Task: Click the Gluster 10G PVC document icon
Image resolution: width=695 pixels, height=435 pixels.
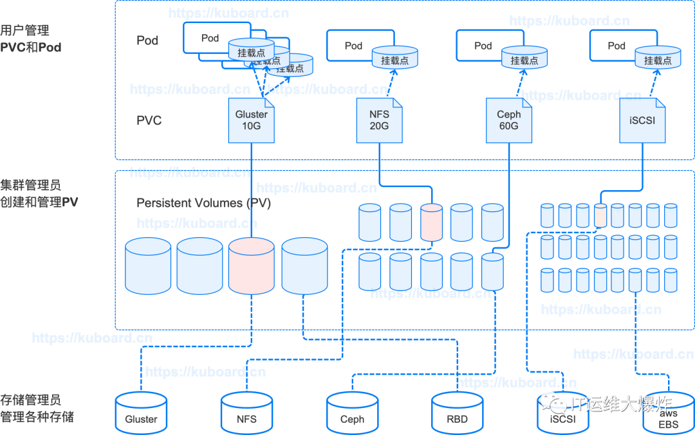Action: (252, 120)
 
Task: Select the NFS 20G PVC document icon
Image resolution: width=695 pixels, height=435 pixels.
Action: (379, 120)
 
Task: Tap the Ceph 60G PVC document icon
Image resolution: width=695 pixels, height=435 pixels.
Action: (509, 120)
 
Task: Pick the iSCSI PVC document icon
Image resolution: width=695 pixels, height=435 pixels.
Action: (642, 120)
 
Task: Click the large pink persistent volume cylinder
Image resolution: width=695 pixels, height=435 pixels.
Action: (252, 264)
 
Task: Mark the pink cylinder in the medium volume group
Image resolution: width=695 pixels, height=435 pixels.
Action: (431, 222)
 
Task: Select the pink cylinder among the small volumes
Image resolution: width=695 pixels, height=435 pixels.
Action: (600, 215)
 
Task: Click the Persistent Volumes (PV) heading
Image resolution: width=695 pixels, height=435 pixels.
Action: (203, 203)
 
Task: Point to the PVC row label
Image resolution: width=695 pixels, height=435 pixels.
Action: (149, 120)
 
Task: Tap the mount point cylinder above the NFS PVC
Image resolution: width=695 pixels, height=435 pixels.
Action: (394, 58)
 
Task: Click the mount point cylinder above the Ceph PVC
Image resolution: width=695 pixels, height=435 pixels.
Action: (524, 58)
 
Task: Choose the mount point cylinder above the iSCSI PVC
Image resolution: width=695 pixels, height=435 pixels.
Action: (658, 58)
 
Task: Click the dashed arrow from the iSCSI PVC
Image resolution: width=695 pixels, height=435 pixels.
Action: (652, 84)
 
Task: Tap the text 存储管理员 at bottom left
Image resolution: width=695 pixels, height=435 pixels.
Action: (30, 401)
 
